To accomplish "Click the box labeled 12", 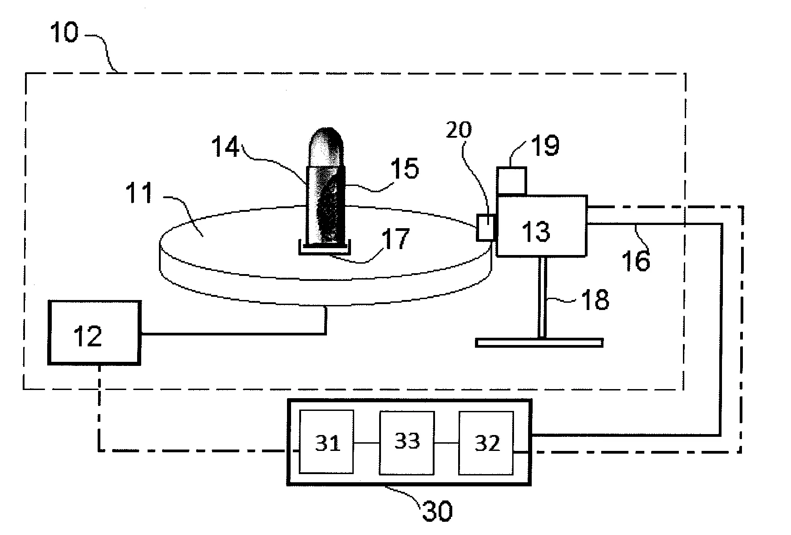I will [x=94, y=332].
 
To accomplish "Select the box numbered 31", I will [x=326, y=442].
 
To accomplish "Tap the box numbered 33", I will [x=407, y=442].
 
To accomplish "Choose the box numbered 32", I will [x=486, y=442].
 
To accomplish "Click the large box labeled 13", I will [x=542, y=226].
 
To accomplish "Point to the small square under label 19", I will [x=512, y=181].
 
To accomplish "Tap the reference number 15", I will [x=404, y=169].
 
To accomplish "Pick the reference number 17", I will [x=395, y=239].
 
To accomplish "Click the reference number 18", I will [x=595, y=300].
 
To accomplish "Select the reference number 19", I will [x=545, y=145].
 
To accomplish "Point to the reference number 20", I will [x=459, y=130].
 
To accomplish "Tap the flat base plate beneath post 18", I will [x=539, y=342].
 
